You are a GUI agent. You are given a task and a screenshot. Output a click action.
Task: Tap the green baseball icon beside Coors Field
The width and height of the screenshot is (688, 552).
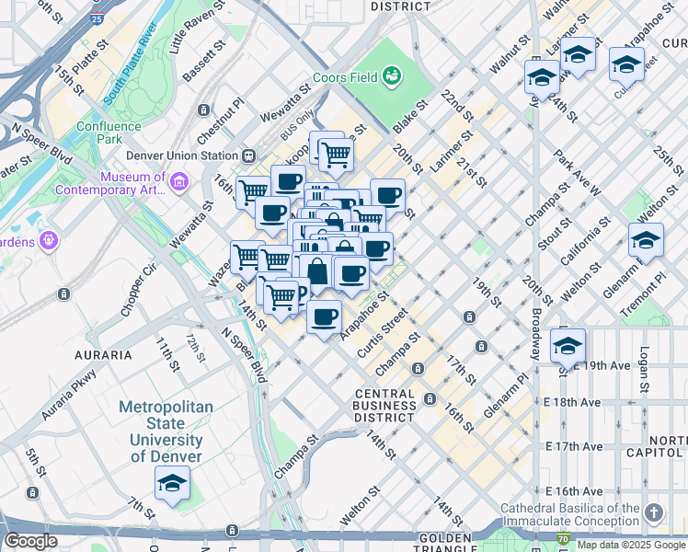click(392, 75)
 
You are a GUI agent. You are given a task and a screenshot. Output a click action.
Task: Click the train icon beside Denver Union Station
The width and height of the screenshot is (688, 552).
click(249, 155)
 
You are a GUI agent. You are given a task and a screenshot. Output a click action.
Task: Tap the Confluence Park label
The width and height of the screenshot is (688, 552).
click(99, 132)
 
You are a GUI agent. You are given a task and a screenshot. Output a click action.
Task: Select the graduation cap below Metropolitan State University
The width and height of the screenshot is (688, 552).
click(172, 483)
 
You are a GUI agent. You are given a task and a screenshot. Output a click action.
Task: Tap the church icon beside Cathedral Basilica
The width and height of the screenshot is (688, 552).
click(653, 512)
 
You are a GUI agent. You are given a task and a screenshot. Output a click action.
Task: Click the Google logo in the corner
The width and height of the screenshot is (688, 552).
click(30, 541)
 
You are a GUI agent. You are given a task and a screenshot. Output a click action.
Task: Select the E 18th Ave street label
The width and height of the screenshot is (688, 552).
click(574, 402)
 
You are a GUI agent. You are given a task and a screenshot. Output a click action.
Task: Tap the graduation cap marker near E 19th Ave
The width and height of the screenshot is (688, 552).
click(568, 346)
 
